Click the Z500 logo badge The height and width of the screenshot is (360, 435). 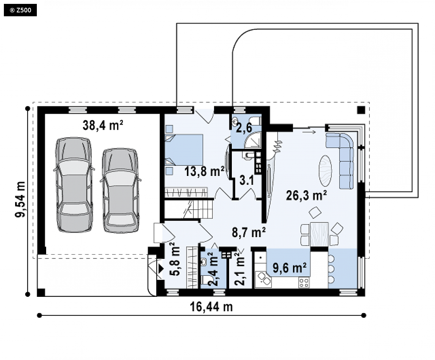point(20,10)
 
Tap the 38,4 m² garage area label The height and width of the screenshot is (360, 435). point(103,126)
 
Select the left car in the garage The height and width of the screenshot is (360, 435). point(74,184)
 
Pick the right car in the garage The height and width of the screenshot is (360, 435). point(121,190)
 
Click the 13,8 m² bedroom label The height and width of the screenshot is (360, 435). point(204,171)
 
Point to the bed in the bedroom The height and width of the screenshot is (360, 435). point(184,150)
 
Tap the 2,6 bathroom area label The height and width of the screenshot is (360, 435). point(244,127)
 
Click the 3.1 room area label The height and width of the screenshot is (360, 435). point(247,181)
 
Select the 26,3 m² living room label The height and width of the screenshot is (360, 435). point(306,196)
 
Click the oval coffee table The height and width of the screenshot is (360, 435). point(325,171)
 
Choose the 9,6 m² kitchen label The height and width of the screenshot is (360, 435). point(290,268)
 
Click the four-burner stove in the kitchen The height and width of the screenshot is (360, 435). point(304,283)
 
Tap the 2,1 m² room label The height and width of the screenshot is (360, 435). point(240,269)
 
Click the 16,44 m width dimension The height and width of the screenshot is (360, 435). point(211,307)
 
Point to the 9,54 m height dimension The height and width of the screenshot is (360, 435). point(20,199)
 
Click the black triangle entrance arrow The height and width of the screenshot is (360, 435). point(161,269)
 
